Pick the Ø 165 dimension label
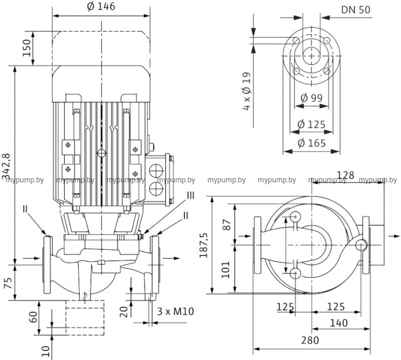click(312, 143)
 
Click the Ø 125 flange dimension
click(312, 125)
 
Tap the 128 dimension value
click(345, 175)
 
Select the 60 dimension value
click(34, 316)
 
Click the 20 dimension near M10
click(123, 311)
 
